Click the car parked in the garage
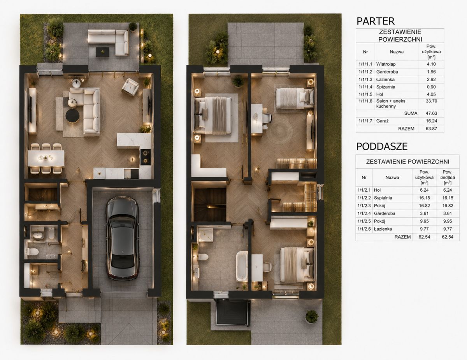[x=122, y=238]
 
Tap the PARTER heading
[x=376, y=21]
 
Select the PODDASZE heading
[x=382, y=147]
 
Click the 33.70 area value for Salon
[x=431, y=101]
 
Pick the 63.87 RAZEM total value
[x=431, y=129]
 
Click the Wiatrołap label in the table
[x=386, y=64]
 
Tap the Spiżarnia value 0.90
[x=431, y=87]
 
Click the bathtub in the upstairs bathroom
[x=242, y=266]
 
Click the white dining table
[x=46, y=158]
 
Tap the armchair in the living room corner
[x=130, y=87]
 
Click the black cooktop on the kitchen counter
[x=146, y=157]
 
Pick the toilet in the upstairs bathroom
[x=202, y=257]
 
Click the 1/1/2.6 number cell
[x=364, y=229]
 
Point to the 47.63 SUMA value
[x=431, y=114]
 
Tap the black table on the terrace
[x=102, y=52]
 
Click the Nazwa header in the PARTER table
[x=397, y=52]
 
